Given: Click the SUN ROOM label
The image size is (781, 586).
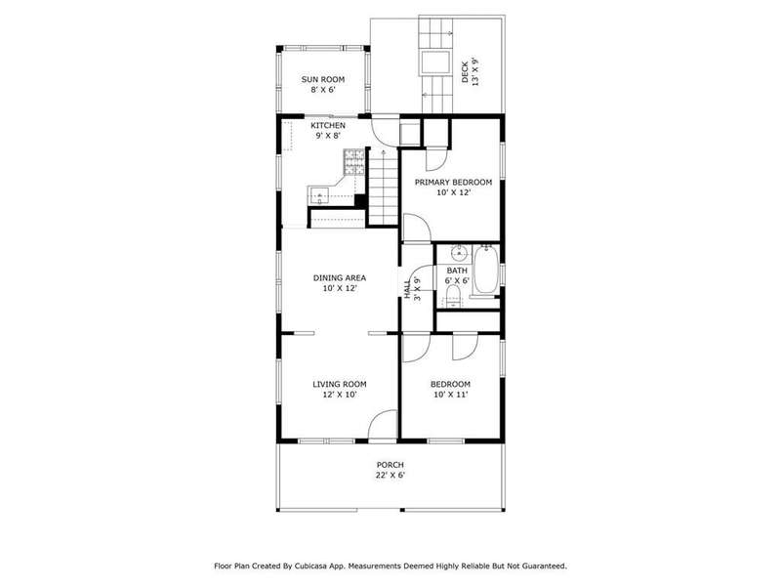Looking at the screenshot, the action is click(323, 79).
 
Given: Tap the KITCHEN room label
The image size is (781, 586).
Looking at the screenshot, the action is click(328, 125).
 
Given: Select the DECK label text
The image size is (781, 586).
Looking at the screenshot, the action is click(465, 72).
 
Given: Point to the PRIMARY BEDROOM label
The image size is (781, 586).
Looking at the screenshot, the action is click(453, 183).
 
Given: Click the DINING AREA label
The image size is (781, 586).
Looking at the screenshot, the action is click(339, 278).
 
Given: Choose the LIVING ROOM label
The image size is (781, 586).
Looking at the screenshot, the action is click(339, 384).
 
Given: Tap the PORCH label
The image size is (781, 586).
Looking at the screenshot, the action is click(390, 465).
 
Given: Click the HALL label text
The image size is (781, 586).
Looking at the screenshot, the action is click(407, 289).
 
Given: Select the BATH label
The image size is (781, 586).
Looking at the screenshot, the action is click(457, 271).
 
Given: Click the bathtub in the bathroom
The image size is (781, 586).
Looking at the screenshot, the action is click(485, 270).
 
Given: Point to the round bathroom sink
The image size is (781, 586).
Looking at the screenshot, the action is click(459, 253).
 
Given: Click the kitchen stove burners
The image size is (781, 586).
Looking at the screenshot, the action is click(354, 162).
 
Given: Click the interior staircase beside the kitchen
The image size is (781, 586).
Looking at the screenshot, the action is click(383, 187).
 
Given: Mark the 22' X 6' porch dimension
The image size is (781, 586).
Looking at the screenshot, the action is click(390, 476).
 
